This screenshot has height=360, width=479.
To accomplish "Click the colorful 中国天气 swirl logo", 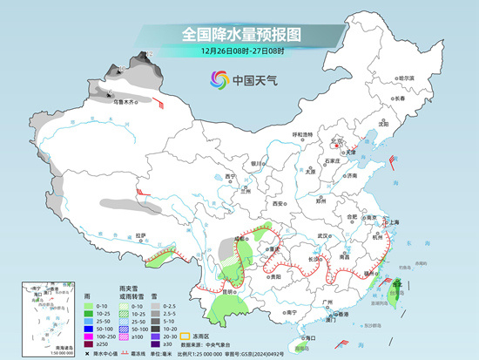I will (216, 81).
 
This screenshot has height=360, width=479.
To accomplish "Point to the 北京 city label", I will (337, 140).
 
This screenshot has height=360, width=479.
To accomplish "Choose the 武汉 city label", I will (326, 235).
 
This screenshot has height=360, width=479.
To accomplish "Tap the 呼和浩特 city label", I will (301, 134).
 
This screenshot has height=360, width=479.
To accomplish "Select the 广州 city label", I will (327, 302).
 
